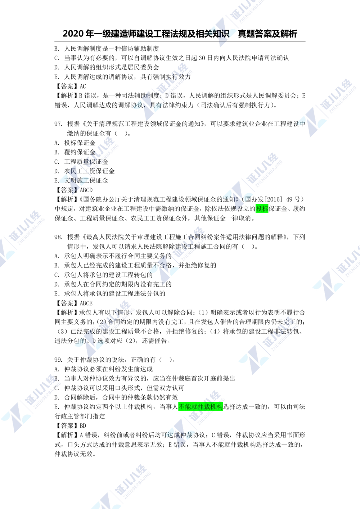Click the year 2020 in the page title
pos(73,33)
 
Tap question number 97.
pos(58,124)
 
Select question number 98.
pos(58,237)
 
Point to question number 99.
pos(58,360)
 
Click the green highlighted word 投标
pos(262,208)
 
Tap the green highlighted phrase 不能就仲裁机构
pos(201,407)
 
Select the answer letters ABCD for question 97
pos(86,190)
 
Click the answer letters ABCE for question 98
pos(86,303)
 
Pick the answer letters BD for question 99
pos(83,425)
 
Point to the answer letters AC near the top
pos(83,86)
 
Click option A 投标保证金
pos(75,143)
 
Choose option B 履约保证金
pos(75,152)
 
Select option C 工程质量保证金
pos(81,162)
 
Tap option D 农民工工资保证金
pos(85,171)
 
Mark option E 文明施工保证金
pos(81,181)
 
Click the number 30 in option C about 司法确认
pos(202,58)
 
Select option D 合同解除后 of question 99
pos(116,397)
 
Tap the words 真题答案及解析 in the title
pos(267,33)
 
